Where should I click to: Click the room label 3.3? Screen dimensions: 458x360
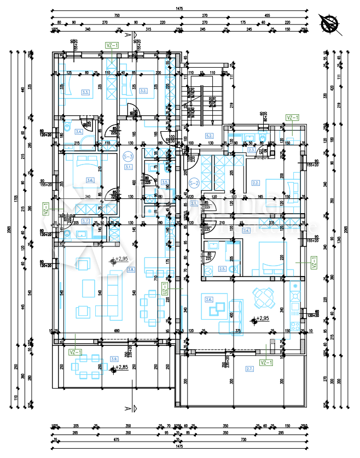pos(85,92)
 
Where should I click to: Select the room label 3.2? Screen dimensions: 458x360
pos(143,91)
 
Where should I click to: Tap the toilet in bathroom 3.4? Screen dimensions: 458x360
pos(67,127)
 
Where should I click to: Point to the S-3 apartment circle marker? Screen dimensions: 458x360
pos(127,155)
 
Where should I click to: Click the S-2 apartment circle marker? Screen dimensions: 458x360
pos(193,183)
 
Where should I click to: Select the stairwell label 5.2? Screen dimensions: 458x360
pos(208,136)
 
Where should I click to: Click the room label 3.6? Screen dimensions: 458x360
pos(91,180)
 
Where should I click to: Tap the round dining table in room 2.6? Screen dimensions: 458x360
pos(264,298)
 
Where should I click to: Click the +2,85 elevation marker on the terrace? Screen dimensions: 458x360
pos(114,369)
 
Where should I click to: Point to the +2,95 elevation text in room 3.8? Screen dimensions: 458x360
pos(121,259)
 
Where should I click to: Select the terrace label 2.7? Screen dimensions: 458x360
pos(249,369)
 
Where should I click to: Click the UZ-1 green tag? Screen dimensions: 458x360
pos(164,292)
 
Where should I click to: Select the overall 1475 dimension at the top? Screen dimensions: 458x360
pos(179,9)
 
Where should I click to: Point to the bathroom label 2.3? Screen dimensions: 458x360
pos(251,150)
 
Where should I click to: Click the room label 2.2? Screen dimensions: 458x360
pos(256,183)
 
